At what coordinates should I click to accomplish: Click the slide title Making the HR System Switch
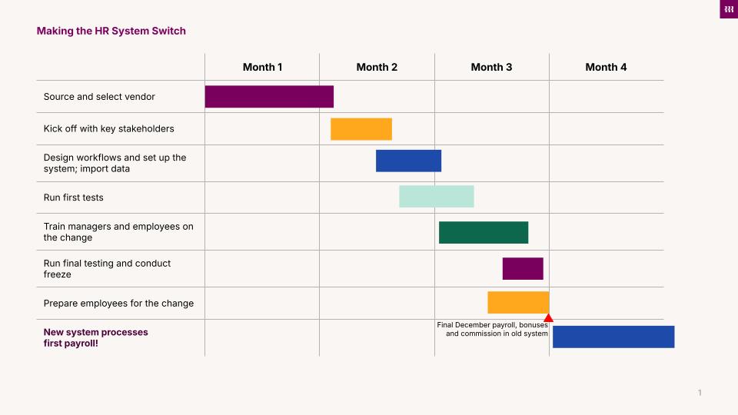point(111,32)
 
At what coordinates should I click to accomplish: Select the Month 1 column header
point(262,67)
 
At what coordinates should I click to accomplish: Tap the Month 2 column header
point(377,67)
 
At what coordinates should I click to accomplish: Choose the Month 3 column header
point(491,67)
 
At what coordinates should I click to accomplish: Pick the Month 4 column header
point(606,67)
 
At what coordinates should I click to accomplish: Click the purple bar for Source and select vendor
point(269,97)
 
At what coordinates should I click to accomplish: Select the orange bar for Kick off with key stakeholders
point(361,129)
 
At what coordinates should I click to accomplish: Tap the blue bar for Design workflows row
point(408,161)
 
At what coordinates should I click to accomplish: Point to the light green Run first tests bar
point(436,197)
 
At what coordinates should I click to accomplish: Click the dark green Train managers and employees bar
point(484,233)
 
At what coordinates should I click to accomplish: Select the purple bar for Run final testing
point(523,269)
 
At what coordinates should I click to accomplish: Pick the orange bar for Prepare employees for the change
point(518,303)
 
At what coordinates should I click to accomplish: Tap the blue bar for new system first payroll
point(613,337)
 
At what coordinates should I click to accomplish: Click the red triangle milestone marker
point(548,317)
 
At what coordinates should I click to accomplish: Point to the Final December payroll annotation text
point(493,329)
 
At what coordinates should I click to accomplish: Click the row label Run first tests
point(73,198)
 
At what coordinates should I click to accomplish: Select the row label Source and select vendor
point(99,97)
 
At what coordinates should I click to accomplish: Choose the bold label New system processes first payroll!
point(95,337)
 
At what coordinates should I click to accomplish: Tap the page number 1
point(700,393)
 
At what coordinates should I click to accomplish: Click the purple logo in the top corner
point(728,9)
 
